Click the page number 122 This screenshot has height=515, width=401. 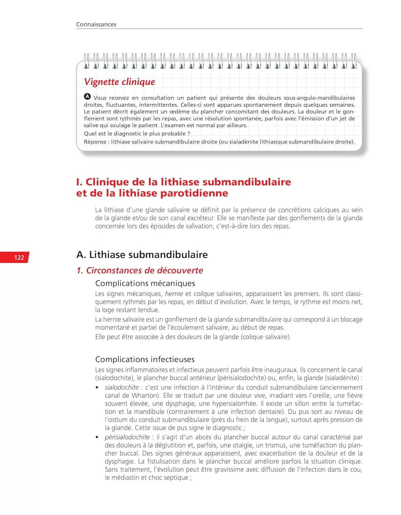click(x=19, y=257)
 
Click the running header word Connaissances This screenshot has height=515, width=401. click(x=96, y=24)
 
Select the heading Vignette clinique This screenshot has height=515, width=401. click(x=119, y=82)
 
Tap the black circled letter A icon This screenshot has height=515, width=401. click(x=87, y=96)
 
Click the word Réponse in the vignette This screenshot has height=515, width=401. click(x=95, y=142)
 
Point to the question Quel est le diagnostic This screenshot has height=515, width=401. click(x=137, y=134)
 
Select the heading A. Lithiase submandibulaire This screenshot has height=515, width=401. click(x=142, y=254)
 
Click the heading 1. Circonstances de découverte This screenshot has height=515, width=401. click(x=140, y=271)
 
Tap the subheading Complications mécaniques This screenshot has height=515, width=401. click(x=145, y=283)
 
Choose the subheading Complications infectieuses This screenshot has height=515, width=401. click(x=145, y=359)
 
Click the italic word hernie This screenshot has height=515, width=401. click(x=174, y=294)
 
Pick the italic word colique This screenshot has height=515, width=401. click(x=204, y=294)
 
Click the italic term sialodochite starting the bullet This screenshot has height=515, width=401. click(x=122, y=388)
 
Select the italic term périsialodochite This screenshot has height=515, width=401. click(x=127, y=437)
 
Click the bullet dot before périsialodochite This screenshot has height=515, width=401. click(x=97, y=437)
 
